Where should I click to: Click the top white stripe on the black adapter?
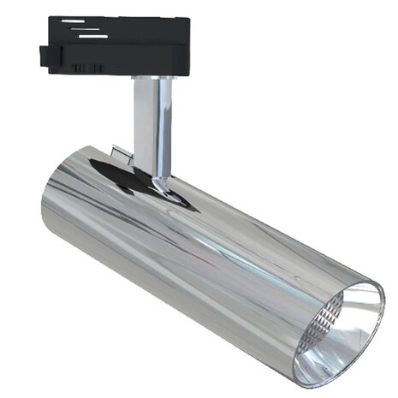pyautogui.click(x=73, y=21)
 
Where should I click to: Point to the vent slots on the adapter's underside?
pyautogui.click(x=86, y=67)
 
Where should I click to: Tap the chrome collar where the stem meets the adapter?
pyautogui.click(x=152, y=78)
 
